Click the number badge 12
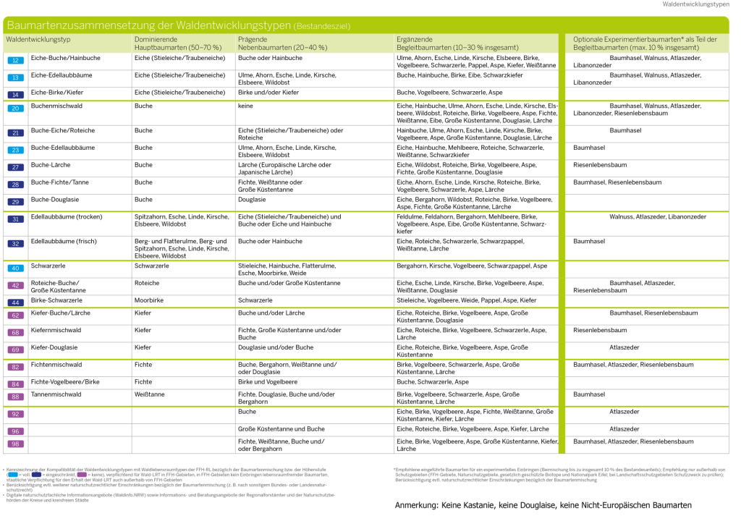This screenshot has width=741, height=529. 15,61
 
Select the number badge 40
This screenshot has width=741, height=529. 15,268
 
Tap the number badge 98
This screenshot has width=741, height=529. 15,444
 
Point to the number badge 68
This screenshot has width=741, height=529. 15,332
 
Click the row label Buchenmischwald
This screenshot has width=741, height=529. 56,106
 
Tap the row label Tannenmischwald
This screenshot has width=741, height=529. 56,394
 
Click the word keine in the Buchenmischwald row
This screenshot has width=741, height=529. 245,106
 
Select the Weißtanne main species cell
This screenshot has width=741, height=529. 149,394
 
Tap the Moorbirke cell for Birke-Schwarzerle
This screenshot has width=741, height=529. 148,300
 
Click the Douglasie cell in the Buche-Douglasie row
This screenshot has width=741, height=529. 252,199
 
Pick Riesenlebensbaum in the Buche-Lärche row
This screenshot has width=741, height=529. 600,165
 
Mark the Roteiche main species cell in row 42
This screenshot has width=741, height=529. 147,283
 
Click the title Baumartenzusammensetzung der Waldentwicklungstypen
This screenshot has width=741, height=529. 149,25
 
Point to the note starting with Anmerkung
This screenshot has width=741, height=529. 543,505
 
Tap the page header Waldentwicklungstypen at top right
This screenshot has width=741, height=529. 695,4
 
